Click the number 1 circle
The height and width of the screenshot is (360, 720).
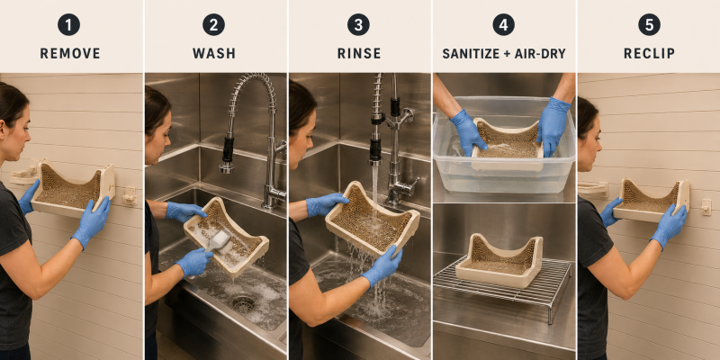coord(69,24)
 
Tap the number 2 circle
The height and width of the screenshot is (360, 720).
coord(214,24)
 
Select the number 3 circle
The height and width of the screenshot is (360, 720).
coord(358,24)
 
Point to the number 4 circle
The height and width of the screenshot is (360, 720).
coord(504,24)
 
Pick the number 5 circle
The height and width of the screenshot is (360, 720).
coord(649,24)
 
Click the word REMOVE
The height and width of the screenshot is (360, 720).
coord(70,53)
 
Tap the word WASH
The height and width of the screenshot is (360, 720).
coord(214,53)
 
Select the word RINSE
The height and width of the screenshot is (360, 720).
coord(359,53)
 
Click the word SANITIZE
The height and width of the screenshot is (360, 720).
coord(470,54)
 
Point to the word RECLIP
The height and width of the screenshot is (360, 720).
coord(649,53)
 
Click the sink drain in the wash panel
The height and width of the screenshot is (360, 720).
coord(243,303)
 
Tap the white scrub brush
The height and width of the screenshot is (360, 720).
coord(217,241)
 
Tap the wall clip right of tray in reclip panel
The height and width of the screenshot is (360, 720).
coord(706,207)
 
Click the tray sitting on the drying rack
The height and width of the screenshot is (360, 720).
coord(499,259)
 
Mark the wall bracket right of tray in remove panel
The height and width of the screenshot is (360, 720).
coord(130,195)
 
